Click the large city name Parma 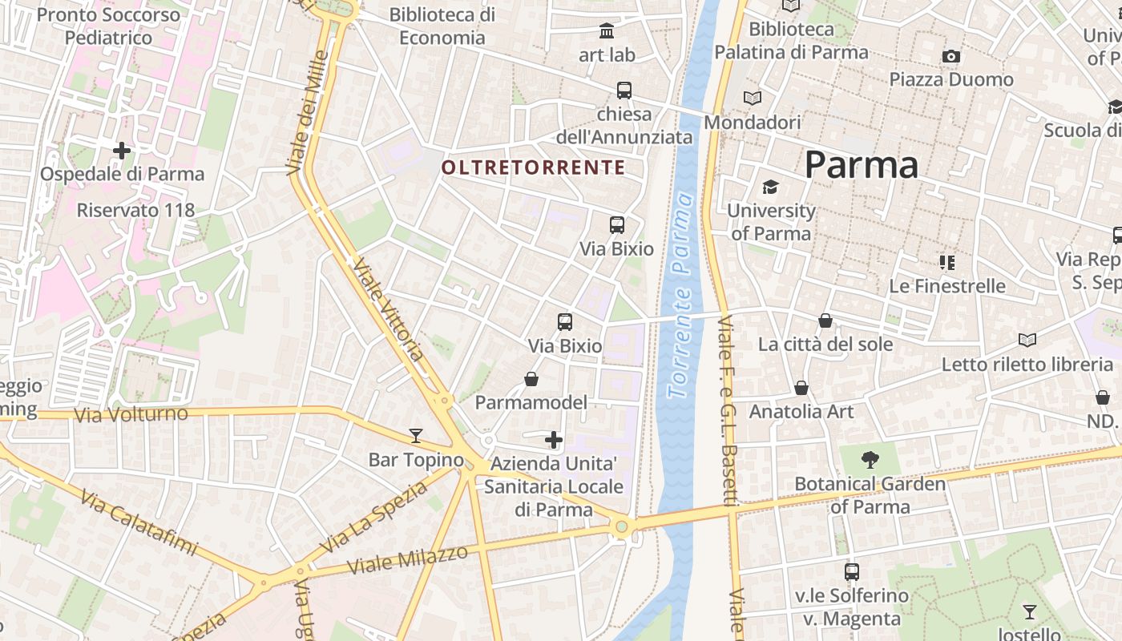pos(861,165)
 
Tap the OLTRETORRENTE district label pos(533,167)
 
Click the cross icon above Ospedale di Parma pos(122,150)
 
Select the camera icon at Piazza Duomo pos(951,56)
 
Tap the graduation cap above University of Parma pos(770,187)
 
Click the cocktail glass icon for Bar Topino pos(415,435)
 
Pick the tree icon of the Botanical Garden pos(870,460)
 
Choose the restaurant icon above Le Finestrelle pos(947,262)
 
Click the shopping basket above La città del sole pos(825,320)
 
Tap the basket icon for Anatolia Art pos(801,388)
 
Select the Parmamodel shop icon pos(531,378)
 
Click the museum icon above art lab pos(607,31)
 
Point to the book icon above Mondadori pos(753,99)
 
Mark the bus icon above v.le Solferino pos(852,572)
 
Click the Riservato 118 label pos(135,210)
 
